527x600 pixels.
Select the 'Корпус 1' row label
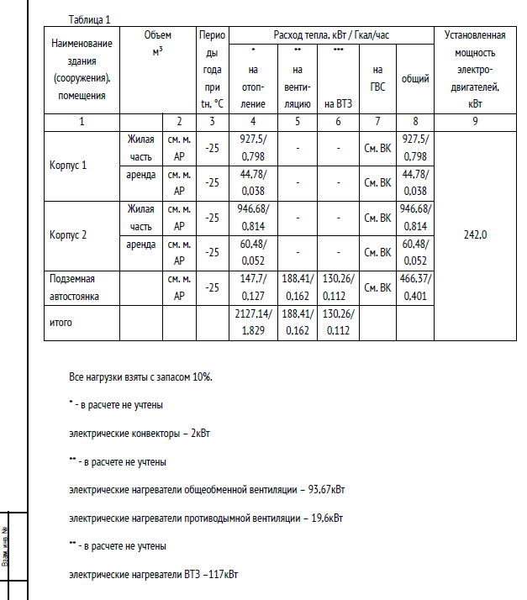(x=68, y=165)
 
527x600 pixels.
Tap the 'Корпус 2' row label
(x=68, y=234)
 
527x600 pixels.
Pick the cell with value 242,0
(x=475, y=234)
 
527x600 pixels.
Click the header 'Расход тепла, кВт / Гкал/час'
(x=331, y=35)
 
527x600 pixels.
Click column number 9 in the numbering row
(x=475, y=121)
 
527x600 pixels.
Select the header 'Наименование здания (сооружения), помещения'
(x=82, y=69)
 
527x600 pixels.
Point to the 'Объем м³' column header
(x=158, y=44)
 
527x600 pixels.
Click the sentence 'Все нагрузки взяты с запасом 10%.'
(x=141, y=376)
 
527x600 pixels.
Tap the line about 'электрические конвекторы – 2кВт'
(x=140, y=434)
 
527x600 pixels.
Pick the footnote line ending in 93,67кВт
(x=207, y=490)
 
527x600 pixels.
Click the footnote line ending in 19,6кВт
(x=206, y=518)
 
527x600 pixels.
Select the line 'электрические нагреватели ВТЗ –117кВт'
(x=153, y=575)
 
